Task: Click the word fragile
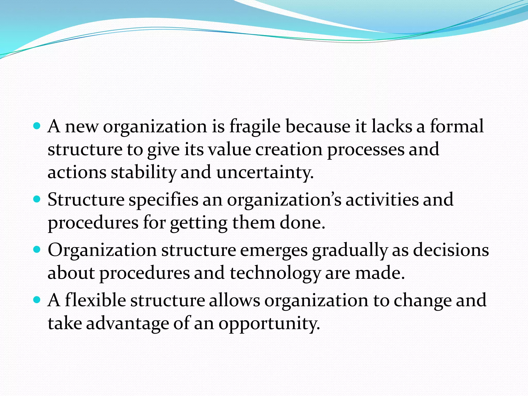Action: tap(255, 127)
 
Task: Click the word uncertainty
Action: tap(265, 172)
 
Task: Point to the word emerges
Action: tap(274, 250)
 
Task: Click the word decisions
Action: tap(451, 250)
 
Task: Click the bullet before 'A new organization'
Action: tap(37, 126)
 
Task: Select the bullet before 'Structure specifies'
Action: tap(37, 199)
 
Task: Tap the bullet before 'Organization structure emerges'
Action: tap(37, 250)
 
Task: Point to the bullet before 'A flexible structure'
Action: tap(37, 300)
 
